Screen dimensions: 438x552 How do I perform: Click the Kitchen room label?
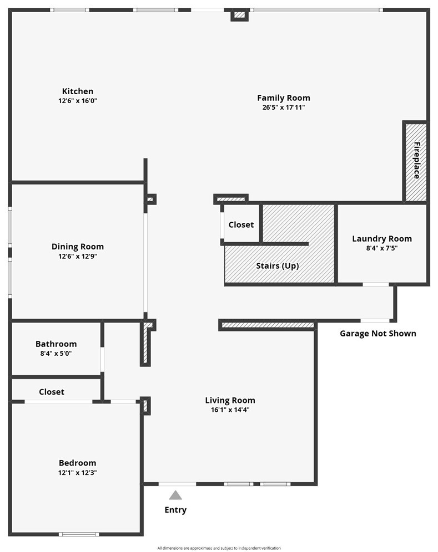(x=78, y=91)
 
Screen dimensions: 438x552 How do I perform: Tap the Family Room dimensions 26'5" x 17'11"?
(x=284, y=108)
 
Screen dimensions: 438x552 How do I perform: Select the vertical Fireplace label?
(x=417, y=160)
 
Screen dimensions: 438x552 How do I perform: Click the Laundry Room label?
(x=382, y=239)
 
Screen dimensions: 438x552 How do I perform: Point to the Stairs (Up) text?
(x=278, y=266)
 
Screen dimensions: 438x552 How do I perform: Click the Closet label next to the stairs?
(x=241, y=224)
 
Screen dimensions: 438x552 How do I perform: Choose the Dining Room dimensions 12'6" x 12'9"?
(x=78, y=256)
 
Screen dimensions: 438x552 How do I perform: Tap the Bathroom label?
(x=56, y=344)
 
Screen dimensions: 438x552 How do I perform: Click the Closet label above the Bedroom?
(x=52, y=392)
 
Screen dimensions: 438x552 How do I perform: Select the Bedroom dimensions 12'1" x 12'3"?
(x=78, y=472)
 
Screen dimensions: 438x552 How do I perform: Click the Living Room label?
(x=230, y=400)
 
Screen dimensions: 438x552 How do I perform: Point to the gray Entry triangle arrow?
(x=175, y=495)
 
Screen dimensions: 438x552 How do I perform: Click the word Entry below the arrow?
(x=175, y=510)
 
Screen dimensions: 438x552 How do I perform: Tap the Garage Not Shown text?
(x=378, y=334)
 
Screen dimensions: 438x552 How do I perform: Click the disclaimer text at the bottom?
(x=219, y=548)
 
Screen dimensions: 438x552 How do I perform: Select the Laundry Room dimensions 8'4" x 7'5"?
(x=382, y=248)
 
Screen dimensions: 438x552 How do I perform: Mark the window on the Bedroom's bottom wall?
(x=79, y=534)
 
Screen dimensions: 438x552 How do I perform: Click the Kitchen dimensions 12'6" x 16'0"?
(x=78, y=101)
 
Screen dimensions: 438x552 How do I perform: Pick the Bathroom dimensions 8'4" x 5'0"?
(x=56, y=354)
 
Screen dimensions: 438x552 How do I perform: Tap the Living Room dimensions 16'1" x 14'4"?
(x=230, y=410)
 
